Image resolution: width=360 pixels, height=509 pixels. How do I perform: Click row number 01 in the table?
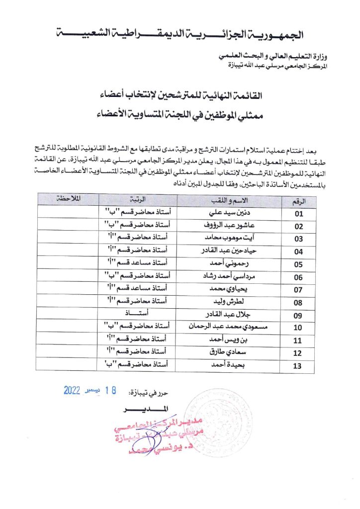coord(299,214)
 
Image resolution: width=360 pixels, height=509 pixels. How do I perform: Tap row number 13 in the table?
coord(299,367)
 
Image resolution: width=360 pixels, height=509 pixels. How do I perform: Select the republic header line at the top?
coord(180,35)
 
